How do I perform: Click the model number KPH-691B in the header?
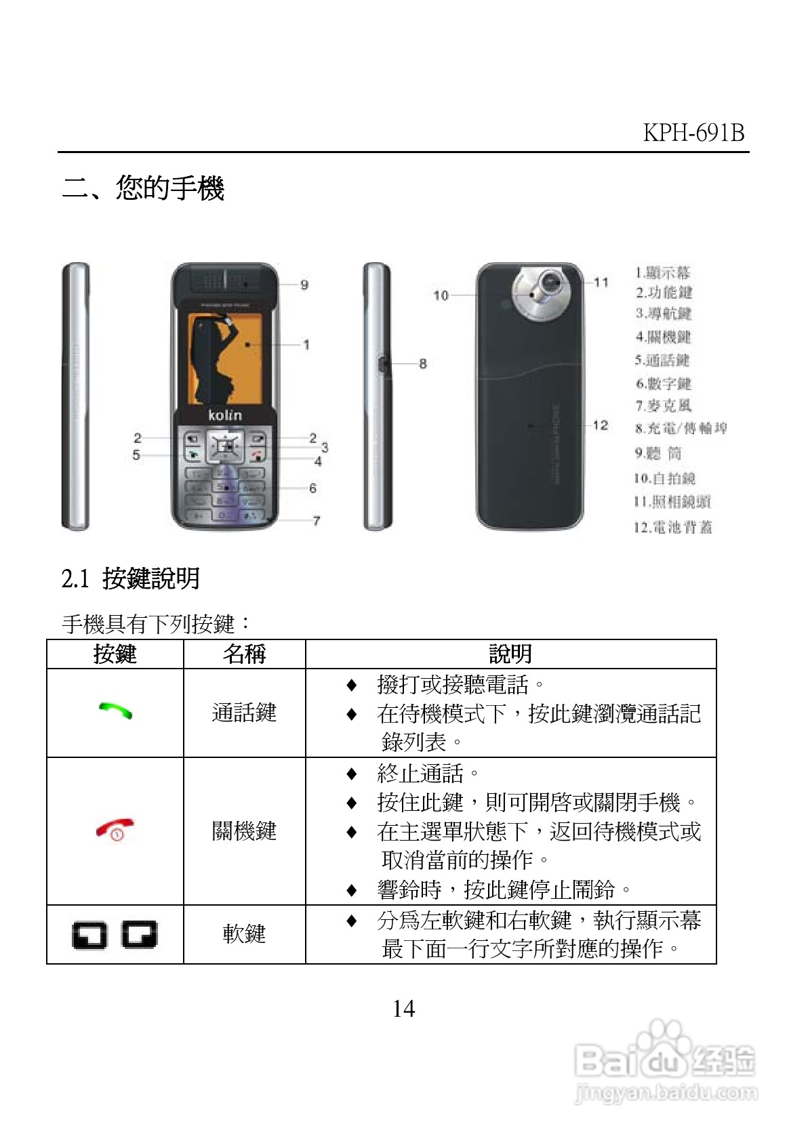[693, 132]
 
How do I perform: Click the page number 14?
[403, 1009]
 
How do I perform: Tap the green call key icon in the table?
[115, 711]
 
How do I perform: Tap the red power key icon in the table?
[115, 830]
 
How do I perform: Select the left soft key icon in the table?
[89, 935]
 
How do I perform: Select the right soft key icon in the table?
[140, 935]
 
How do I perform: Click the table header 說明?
[510, 654]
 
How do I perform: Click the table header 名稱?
[244, 654]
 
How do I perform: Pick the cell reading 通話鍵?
[244, 713]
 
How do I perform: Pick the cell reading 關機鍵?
[244, 830]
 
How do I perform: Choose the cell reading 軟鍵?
[244, 934]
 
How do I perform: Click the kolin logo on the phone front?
[224, 415]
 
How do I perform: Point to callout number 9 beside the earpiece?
[304, 285]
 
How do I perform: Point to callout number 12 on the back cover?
[600, 425]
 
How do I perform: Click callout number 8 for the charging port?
[423, 364]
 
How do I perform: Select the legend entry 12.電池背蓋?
[672, 527]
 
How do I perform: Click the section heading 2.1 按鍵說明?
[131, 578]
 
